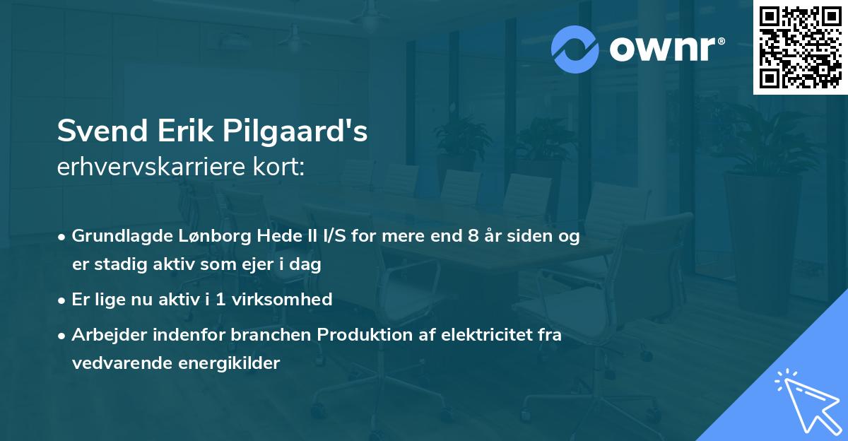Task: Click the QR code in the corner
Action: (x=800, y=47)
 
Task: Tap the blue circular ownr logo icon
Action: (x=575, y=49)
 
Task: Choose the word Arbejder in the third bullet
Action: (x=104, y=334)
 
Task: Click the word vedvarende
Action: (x=121, y=363)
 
